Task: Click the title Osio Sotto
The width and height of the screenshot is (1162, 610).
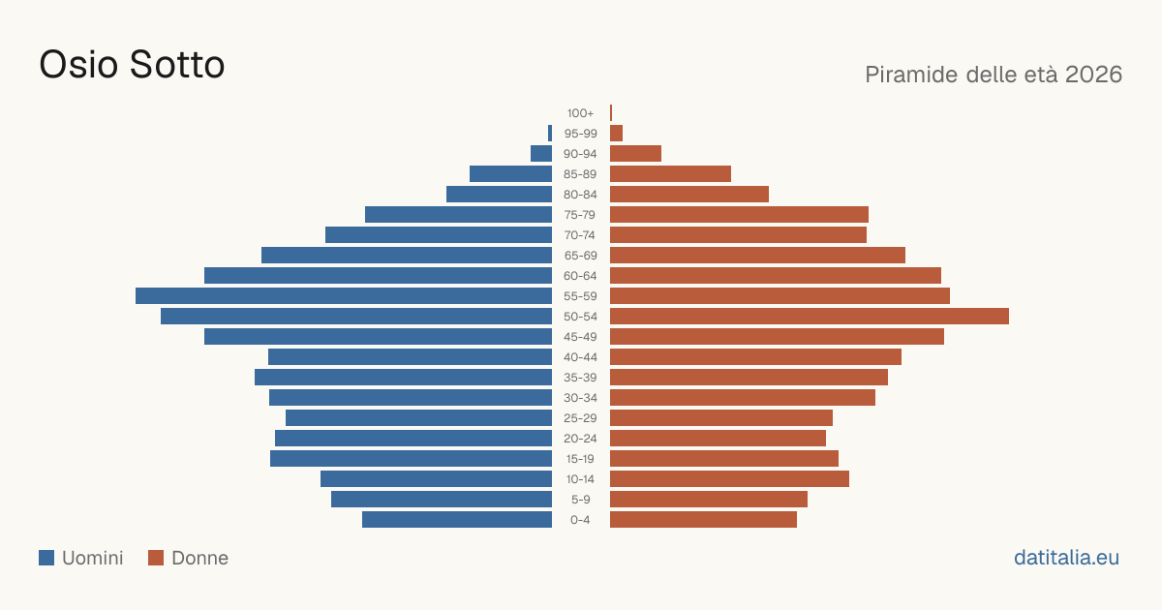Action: click(132, 64)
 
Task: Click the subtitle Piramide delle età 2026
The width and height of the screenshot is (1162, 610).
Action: click(994, 75)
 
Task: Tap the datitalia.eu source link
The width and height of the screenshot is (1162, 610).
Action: click(1066, 557)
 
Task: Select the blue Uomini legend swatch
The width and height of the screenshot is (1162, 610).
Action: click(46, 558)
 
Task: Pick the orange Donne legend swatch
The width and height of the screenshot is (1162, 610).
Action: click(156, 558)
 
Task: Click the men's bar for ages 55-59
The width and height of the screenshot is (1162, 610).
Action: click(344, 295)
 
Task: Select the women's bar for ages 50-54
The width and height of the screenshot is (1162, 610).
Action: click(810, 316)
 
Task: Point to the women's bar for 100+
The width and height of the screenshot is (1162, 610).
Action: click(611, 112)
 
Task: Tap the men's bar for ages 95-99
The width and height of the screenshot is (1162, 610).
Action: click(550, 133)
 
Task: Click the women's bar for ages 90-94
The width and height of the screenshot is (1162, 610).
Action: click(635, 153)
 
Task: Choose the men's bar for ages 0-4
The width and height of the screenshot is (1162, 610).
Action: click(457, 519)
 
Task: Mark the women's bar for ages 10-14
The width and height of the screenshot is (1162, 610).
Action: click(729, 478)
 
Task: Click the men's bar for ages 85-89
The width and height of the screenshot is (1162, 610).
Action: click(510, 173)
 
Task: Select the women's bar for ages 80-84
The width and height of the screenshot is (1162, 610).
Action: click(689, 194)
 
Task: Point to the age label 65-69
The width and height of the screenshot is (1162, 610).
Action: click(580, 256)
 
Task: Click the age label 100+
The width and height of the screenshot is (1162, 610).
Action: click(580, 113)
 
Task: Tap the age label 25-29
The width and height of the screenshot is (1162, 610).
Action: click(580, 418)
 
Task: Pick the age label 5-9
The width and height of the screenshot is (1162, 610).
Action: click(580, 500)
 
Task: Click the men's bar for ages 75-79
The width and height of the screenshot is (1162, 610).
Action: click(459, 214)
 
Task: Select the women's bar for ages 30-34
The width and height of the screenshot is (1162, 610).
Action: click(743, 397)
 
